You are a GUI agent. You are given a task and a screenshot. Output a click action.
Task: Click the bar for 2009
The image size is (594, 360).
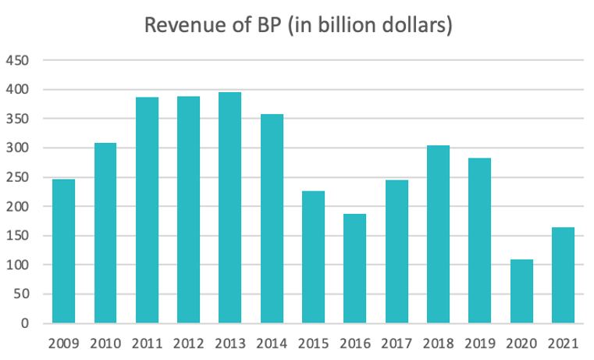tap(64, 251)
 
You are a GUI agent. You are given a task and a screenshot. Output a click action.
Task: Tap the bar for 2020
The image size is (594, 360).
tap(521, 291)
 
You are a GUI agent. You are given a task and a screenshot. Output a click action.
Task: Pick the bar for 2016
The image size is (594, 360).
tap(355, 269)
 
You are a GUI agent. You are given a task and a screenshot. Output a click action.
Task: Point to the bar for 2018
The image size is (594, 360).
tap(438, 234)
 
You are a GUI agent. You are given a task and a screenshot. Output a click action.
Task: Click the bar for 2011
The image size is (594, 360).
tap(147, 210)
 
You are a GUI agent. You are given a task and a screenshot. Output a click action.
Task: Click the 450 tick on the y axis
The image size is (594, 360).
tap(20, 60)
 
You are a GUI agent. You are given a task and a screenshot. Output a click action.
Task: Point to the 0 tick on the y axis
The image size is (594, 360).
tap(26, 323)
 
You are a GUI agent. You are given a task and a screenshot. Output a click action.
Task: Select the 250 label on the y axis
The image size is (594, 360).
tap(20, 177)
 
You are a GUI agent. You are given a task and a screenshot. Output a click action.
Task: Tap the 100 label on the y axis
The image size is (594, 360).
tap(20, 265)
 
